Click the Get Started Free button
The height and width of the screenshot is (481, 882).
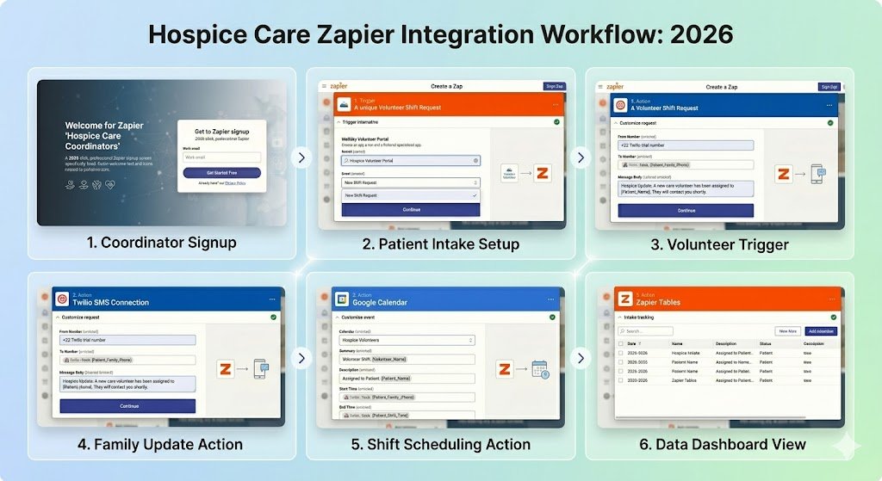(x=221, y=172)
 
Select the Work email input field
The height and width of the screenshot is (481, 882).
(x=221, y=157)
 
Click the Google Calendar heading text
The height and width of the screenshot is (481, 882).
(x=380, y=303)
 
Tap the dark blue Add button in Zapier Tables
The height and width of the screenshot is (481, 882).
(x=820, y=330)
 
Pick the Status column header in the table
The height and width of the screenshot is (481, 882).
(x=769, y=343)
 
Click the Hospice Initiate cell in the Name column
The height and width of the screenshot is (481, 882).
(x=686, y=353)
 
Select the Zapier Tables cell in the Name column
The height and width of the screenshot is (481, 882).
(x=686, y=379)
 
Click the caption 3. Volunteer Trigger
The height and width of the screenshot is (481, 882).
(x=719, y=244)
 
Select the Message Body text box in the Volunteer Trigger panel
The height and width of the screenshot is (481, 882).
(x=686, y=188)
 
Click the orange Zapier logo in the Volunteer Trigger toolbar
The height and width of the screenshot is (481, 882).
(x=614, y=86)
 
